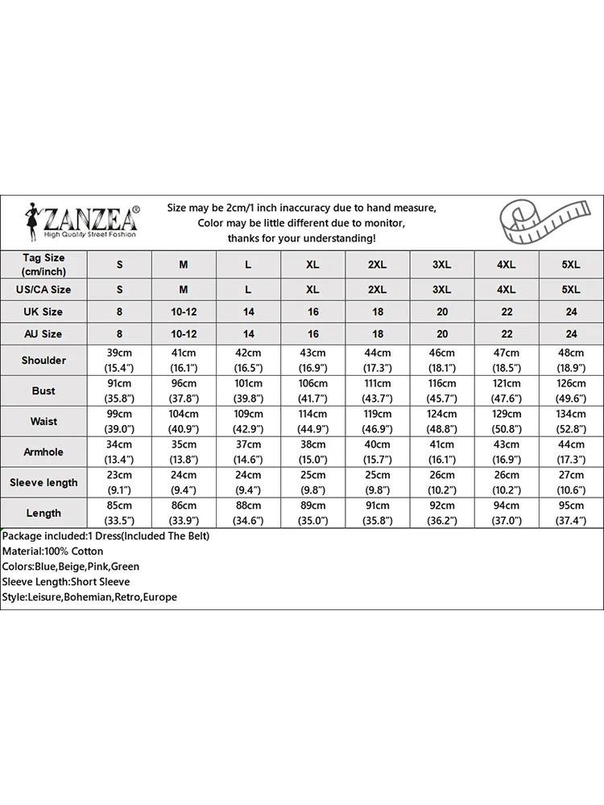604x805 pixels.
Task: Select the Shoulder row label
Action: click(43, 360)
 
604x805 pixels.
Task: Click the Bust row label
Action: click(43, 390)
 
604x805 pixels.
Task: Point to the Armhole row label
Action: click(43, 452)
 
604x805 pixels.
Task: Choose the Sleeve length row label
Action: click(43, 482)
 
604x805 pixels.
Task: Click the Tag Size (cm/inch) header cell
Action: click(43, 263)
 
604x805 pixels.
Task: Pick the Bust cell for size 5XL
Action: click(571, 390)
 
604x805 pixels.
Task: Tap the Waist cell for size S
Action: click(119, 421)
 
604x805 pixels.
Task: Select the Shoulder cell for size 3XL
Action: click(442, 360)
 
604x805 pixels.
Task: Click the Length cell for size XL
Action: click(312, 513)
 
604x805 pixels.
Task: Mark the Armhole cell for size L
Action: click(248, 452)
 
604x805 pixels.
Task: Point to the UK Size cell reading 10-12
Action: click(184, 312)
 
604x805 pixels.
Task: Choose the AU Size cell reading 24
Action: click(571, 333)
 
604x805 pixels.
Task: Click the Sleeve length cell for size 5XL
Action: click(571, 482)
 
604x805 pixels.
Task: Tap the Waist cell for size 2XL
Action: click(377, 421)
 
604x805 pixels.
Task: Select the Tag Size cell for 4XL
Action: click(507, 264)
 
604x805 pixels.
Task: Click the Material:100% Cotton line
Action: click(52, 551)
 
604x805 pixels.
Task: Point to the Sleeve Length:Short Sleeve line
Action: click(65, 582)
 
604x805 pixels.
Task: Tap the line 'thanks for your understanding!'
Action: click(301, 238)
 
